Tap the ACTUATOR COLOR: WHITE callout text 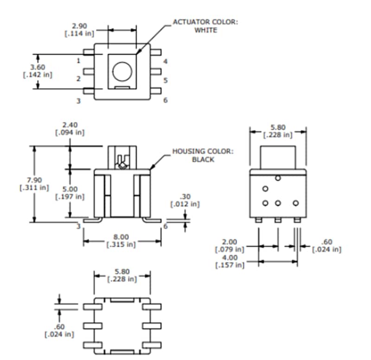[205, 26]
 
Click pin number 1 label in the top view [78, 60]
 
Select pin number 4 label [165, 61]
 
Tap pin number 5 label [165, 80]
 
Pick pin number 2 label [78, 79]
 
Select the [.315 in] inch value [121, 244]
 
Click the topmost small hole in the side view [277, 178]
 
